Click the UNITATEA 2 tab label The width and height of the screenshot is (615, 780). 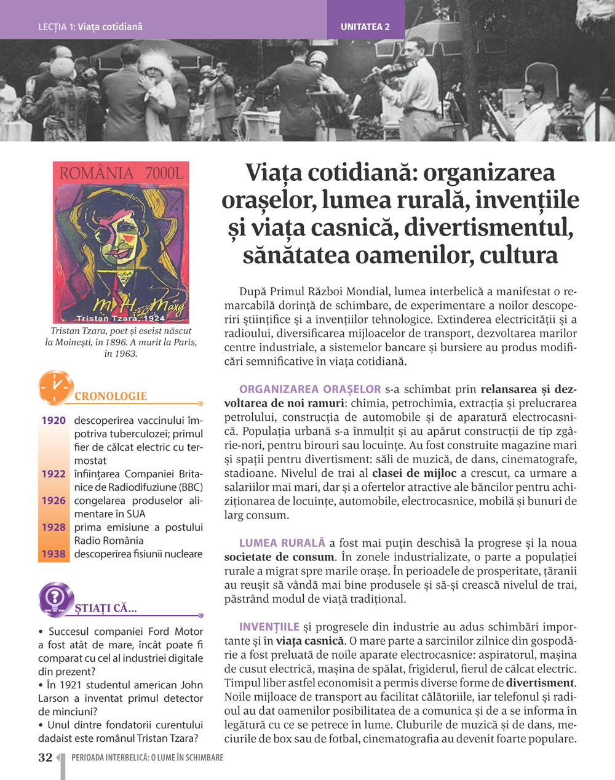(x=365, y=27)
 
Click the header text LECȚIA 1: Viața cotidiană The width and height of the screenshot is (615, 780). (x=90, y=27)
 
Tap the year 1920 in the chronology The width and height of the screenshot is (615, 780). (x=54, y=421)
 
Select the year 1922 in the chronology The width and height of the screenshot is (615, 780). (x=54, y=474)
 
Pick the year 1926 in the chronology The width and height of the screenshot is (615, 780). (x=54, y=501)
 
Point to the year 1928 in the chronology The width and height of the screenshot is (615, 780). (x=54, y=527)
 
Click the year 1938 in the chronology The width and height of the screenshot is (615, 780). (x=54, y=554)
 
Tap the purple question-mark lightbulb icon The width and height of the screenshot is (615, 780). (x=56, y=599)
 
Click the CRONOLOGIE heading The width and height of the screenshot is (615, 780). (x=111, y=396)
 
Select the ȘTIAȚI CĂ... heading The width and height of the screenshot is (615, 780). (x=106, y=608)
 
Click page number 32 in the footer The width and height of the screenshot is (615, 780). (x=45, y=758)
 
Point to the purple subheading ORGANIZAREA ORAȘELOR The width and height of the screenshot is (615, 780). (x=310, y=389)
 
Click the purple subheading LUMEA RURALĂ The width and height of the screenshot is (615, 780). (x=282, y=543)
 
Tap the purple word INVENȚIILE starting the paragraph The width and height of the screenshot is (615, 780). (x=269, y=627)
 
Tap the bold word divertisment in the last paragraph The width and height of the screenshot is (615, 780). (x=539, y=682)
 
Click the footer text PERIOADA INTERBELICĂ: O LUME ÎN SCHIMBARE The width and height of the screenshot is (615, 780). (x=148, y=758)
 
